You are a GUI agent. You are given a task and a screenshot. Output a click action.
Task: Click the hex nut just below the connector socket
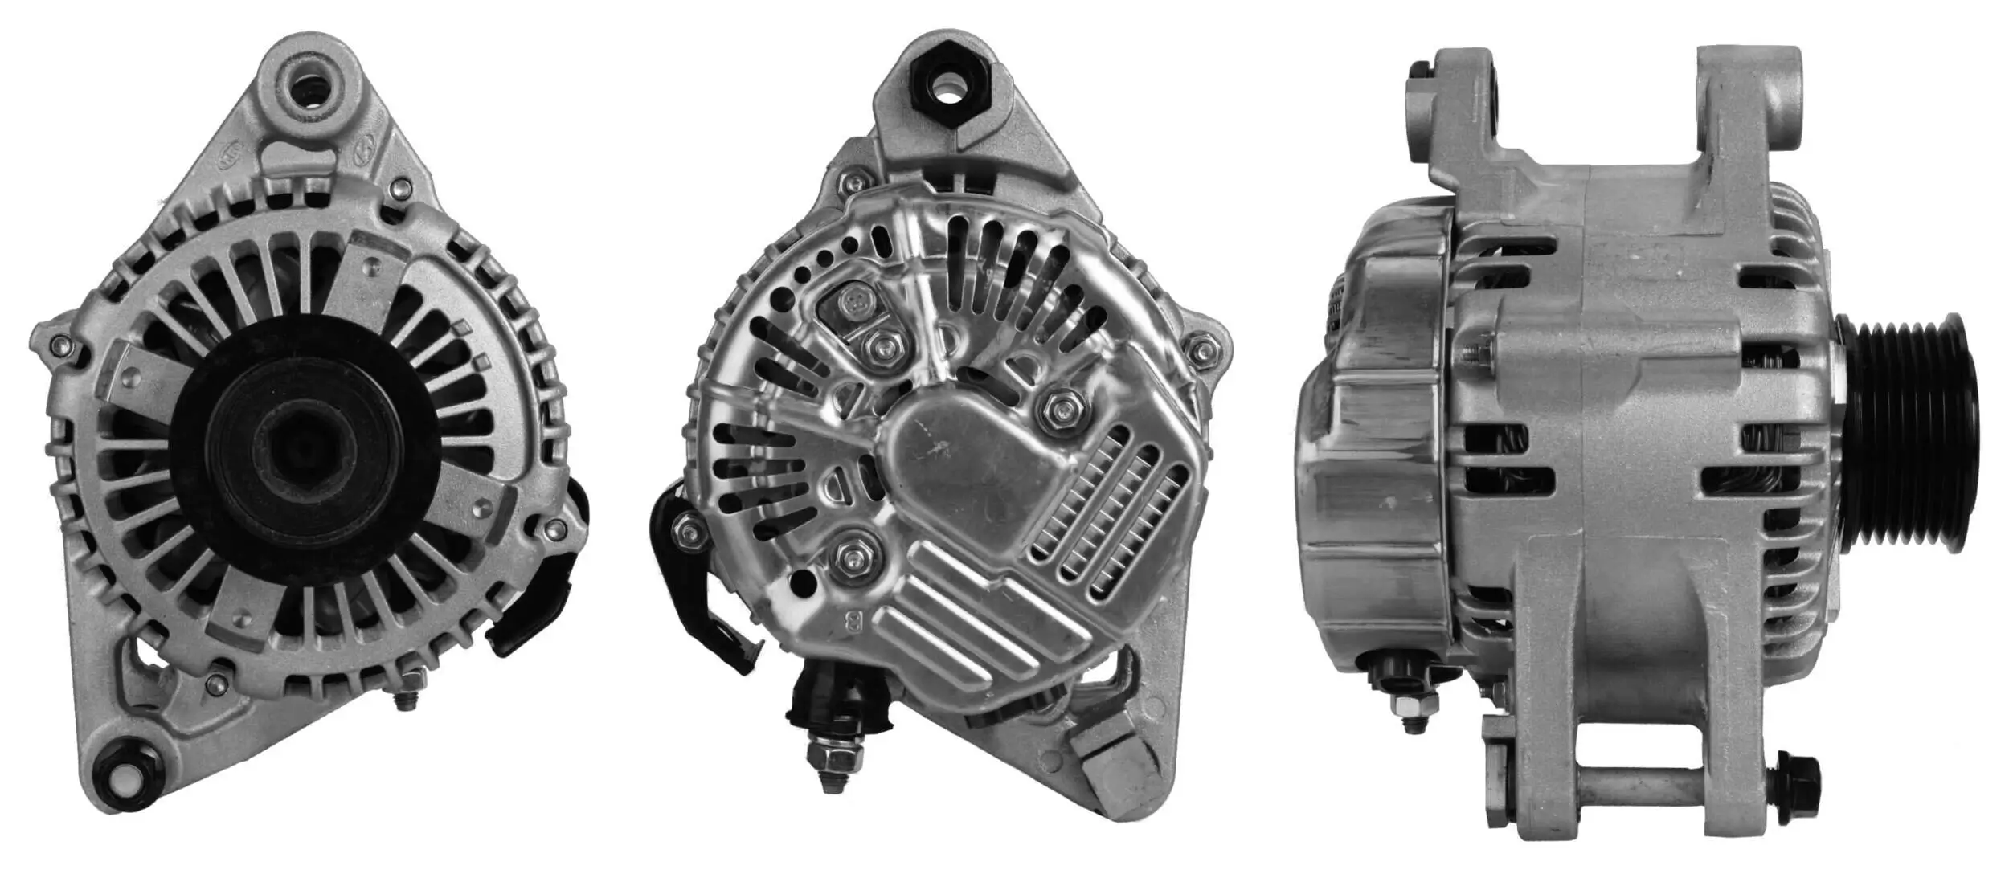pyautogui.click(x=882, y=348)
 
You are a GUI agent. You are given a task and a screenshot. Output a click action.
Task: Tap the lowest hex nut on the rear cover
pyautogui.click(x=852, y=556)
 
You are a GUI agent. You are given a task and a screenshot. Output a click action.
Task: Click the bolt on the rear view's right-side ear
pyautogui.click(x=1203, y=350)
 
